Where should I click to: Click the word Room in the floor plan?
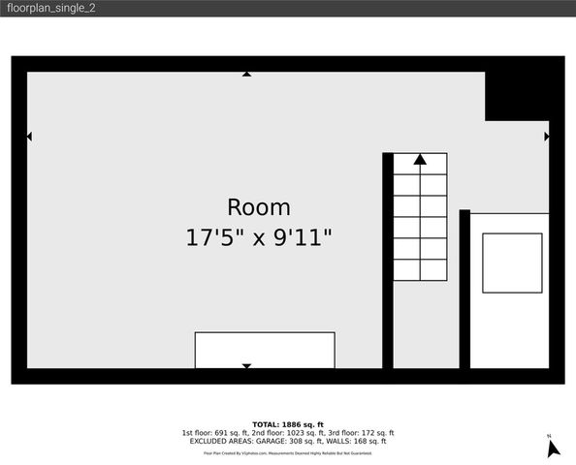pos(258,207)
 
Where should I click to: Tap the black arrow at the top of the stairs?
pos(420,160)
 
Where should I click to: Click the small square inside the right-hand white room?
pos(511,263)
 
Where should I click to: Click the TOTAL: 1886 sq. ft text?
pos(287,424)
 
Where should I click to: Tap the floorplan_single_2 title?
pos(48,8)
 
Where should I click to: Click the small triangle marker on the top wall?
pos(246,74)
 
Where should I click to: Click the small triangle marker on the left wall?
pos(29,137)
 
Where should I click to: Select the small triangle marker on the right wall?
pos(547,137)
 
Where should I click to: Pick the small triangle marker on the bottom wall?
pos(246,365)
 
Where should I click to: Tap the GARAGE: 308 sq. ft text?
pos(284,441)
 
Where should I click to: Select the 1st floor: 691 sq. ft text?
pos(215,433)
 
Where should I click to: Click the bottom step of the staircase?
pos(420,269)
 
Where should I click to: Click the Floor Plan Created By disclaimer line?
pos(287,452)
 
